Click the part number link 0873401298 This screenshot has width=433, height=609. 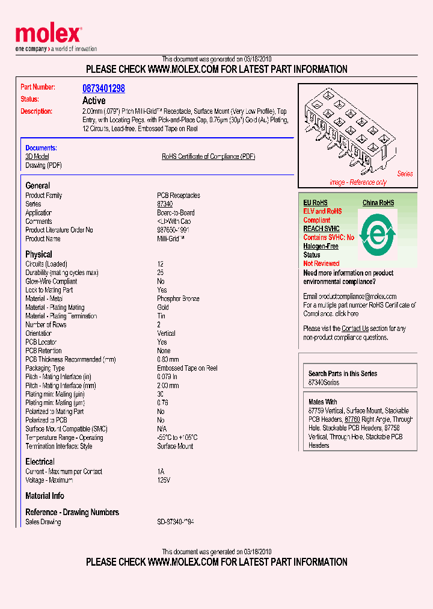tap(103, 88)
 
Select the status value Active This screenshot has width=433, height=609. tap(94, 100)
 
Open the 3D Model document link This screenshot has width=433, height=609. tap(37, 156)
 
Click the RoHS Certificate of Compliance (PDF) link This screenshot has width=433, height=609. tap(208, 156)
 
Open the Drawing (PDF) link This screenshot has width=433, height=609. tap(43, 165)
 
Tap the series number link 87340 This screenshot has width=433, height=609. tap(165, 204)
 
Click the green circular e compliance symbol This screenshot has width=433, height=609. tap(377, 233)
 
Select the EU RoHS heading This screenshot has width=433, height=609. tap(315, 203)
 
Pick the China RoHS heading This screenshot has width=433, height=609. tap(378, 203)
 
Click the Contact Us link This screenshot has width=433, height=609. tap(355, 329)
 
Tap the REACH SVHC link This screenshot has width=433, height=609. tap(321, 229)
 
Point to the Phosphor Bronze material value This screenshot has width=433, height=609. tap(178, 298)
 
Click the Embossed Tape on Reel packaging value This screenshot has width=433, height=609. tap(187, 368)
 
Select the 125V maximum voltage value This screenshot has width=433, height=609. tap(164, 480)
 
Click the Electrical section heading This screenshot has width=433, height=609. tap(40, 462)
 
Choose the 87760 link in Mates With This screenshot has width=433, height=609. tap(352, 419)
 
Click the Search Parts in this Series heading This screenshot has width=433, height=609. tap(343, 374)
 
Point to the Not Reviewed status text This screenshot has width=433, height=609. tap(321, 264)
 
